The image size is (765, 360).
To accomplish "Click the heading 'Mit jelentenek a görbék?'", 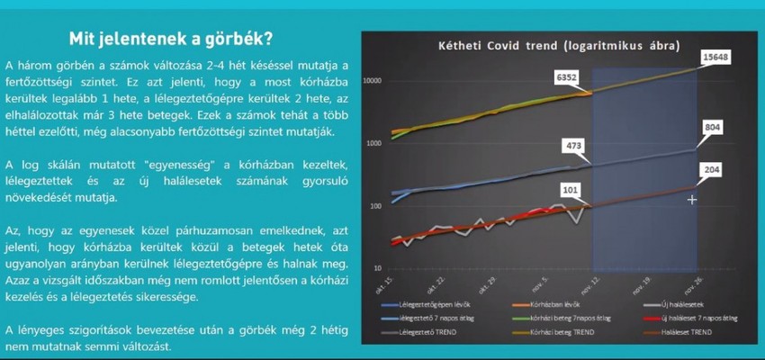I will coord(172,40).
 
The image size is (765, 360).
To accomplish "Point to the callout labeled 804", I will coord(713,129).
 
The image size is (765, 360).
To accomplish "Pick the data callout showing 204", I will coord(713,169).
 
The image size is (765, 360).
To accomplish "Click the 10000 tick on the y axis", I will coord(373,81).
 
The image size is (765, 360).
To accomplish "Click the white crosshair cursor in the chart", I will coord(691,199).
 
